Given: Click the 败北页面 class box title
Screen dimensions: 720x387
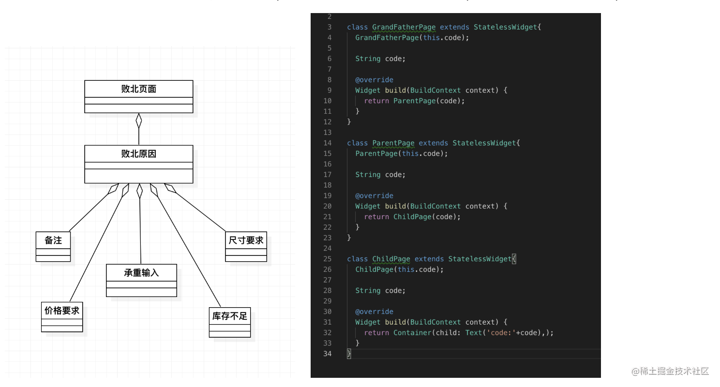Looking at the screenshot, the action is point(138,89).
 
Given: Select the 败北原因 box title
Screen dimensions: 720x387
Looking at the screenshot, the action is point(138,154).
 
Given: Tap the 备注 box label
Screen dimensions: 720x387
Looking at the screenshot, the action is point(53,240).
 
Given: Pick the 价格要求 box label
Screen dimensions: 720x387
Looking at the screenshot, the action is point(62,311).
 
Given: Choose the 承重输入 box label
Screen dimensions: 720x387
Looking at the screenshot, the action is point(141,273).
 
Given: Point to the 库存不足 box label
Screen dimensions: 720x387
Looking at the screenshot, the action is point(229,316).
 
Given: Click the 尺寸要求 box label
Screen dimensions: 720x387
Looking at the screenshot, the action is point(246,240).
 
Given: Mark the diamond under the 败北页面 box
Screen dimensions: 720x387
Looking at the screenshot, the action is point(139,121).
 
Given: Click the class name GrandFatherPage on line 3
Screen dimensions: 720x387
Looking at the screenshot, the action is point(404,27).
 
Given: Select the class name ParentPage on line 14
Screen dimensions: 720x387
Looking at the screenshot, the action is point(393,143).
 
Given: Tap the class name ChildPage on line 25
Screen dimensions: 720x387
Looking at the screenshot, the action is point(391,259).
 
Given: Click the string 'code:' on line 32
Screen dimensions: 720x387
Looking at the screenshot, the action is point(501,333).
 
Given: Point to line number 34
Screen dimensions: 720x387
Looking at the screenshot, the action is point(327,354).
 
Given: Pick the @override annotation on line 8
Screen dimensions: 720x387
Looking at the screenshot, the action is point(374,80).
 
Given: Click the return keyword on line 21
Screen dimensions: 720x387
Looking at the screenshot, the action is point(376,217).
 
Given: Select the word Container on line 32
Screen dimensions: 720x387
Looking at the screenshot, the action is point(412,333).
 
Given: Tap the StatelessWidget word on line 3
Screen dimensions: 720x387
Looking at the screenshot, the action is point(505,27).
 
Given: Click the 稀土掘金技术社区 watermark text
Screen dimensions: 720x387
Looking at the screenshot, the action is point(675,371).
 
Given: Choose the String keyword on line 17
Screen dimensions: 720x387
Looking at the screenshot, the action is point(368,175).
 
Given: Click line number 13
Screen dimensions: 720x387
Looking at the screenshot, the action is point(327,133).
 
